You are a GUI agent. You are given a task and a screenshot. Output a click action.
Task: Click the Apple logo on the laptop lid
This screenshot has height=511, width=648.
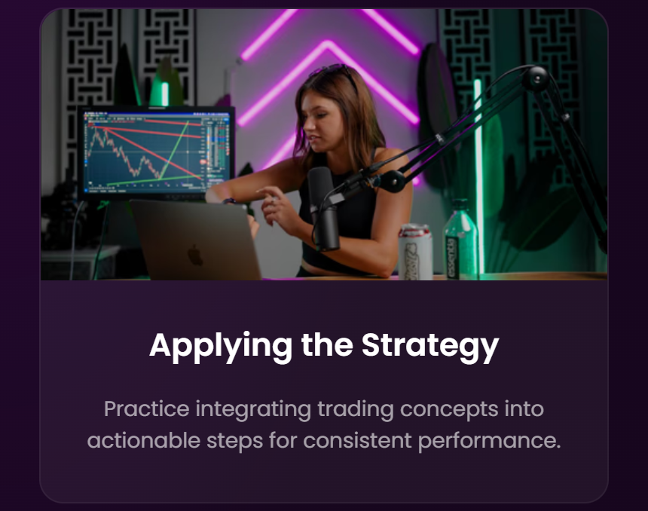pyautogui.click(x=195, y=255)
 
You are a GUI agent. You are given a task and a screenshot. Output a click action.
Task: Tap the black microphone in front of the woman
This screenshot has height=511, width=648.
pyautogui.click(x=323, y=209)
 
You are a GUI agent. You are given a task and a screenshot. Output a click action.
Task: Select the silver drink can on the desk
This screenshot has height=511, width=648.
pyautogui.click(x=415, y=252)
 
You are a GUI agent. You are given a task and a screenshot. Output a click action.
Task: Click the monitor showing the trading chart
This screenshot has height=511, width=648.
pyautogui.click(x=156, y=152)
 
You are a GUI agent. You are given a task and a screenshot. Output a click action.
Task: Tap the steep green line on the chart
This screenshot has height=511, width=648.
pyautogui.click(x=174, y=150)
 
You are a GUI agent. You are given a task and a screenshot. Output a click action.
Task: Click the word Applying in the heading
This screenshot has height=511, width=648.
pyautogui.click(x=221, y=346)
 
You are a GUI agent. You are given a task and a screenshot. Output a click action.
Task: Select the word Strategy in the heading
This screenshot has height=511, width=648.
pyautogui.click(x=430, y=346)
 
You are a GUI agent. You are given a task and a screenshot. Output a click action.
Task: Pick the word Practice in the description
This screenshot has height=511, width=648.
pyautogui.click(x=146, y=409)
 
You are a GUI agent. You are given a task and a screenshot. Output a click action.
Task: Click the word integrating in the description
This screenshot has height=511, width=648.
pyautogui.click(x=253, y=410)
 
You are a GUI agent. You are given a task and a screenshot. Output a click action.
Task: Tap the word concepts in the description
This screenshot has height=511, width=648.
pyautogui.click(x=449, y=410)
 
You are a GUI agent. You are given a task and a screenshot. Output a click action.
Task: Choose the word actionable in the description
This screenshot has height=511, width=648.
pyautogui.click(x=144, y=440)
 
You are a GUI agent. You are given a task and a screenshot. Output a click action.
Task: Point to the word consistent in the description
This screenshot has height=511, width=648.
pyautogui.click(x=357, y=440)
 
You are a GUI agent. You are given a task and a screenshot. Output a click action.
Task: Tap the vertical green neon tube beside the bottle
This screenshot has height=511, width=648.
pyautogui.click(x=478, y=178)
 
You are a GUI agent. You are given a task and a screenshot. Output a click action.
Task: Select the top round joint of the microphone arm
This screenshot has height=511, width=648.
pyautogui.click(x=536, y=78)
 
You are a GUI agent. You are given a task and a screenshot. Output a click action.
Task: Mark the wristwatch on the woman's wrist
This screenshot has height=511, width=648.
pyautogui.click(x=229, y=201)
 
